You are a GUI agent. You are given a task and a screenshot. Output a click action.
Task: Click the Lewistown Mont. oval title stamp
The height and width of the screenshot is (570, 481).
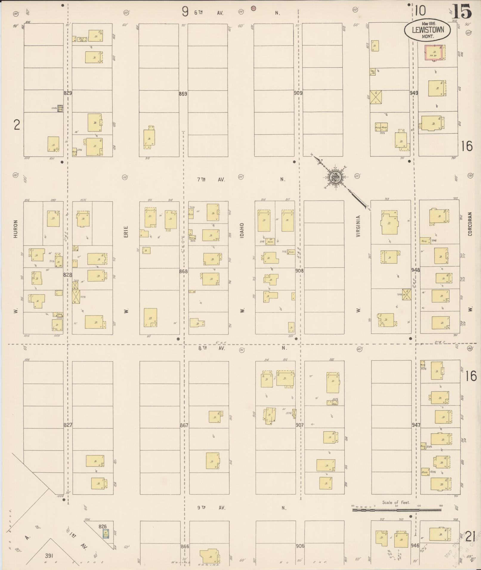427,30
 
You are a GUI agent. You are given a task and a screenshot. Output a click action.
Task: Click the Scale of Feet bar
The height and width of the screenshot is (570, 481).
397,510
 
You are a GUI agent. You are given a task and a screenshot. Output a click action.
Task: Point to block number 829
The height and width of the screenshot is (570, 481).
68,93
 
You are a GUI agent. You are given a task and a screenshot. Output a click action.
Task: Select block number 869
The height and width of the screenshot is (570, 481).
183,94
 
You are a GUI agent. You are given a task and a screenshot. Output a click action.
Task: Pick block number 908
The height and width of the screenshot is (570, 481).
299,271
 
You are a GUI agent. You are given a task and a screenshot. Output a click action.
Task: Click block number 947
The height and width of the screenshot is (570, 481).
416,425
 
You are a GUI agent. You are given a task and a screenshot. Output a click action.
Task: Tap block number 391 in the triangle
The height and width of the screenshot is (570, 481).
49,556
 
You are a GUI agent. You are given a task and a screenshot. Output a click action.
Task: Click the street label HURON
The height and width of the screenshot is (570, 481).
16,229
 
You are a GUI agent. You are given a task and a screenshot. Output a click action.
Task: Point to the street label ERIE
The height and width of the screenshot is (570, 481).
126,232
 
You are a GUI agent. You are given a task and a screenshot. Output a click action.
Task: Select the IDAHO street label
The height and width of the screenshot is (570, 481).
242,230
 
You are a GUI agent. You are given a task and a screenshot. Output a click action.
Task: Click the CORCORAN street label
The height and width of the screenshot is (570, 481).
470,224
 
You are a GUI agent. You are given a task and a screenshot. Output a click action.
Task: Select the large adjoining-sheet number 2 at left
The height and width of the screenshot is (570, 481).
17,125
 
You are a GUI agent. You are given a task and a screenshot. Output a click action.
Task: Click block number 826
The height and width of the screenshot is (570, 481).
103,526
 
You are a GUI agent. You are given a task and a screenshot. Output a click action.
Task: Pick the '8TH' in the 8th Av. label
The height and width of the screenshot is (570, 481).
203,348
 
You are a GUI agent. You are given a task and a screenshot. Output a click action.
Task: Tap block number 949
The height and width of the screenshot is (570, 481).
414,93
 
